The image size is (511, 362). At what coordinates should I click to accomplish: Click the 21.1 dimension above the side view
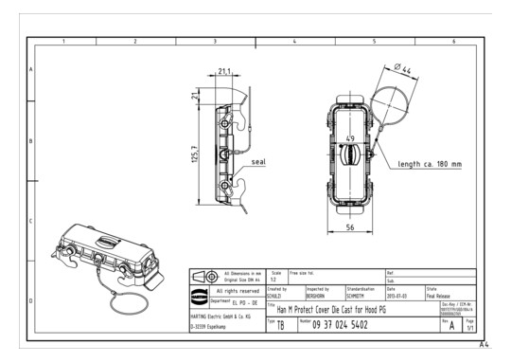coord(224,70)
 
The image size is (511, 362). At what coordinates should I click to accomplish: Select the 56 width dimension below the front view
coord(350,229)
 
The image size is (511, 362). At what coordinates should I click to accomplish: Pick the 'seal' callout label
coord(258,161)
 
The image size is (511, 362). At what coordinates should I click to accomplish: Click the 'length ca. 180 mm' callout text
coord(430,164)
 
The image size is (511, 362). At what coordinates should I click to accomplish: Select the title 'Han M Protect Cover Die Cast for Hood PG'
coord(343,309)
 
